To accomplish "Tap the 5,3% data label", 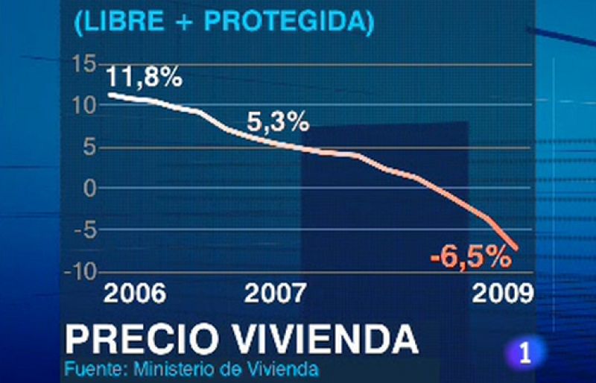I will (x=278, y=121).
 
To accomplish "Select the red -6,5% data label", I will (x=470, y=258).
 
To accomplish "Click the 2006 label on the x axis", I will (x=134, y=293).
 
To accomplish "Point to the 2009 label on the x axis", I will (x=502, y=293).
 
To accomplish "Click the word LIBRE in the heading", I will (x=119, y=22).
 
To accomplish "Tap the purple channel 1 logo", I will (x=527, y=352).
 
